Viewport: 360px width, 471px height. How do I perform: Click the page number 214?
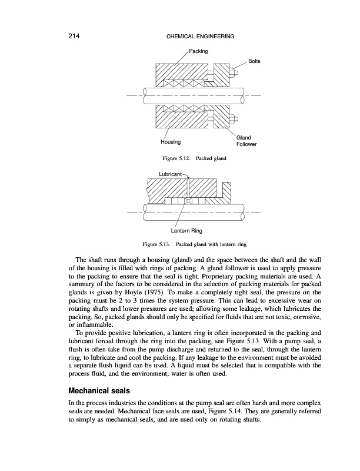(x=74, y=37)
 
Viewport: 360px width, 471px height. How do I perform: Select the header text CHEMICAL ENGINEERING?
(x=201, y=37)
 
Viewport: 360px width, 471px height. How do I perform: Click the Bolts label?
(x=255, y=61)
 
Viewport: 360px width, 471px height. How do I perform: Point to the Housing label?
(x=171, y=142)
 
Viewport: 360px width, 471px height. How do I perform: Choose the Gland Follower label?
(x=245, y=141)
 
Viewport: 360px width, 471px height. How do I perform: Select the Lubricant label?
(x=171, y=174)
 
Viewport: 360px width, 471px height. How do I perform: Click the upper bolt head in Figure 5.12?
(x=233, y=74)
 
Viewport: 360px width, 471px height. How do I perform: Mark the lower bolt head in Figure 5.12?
(x=233, y=117)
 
